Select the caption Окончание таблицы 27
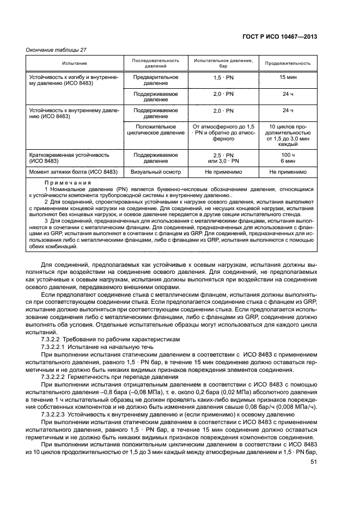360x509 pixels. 57,50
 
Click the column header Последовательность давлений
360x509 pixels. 156,63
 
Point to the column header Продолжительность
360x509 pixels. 288,63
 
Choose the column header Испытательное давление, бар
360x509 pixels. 223,63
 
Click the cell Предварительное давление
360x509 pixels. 156,81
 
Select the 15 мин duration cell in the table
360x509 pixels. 288,77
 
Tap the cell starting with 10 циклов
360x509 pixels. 288,135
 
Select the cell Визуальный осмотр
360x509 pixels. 156,172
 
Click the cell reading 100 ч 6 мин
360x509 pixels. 288,158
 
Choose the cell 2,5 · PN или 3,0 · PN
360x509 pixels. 223,158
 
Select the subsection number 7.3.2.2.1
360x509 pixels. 53,346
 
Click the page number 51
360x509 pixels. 313,462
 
